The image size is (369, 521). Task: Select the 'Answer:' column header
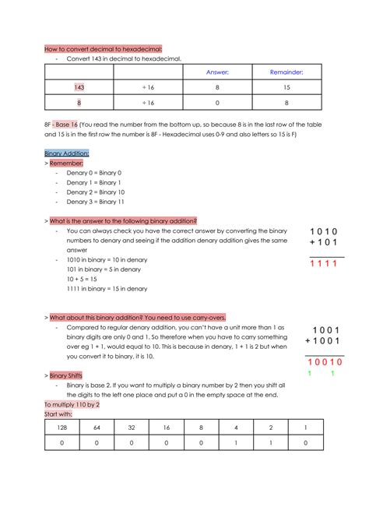pos(217,72)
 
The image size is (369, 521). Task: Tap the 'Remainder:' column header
pos(286,72)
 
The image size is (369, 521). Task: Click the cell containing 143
pos(79,87)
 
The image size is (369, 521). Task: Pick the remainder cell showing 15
pos(286,87)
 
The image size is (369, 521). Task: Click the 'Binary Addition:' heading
pos(67,153)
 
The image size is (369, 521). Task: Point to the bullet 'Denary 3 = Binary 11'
pos(95,201)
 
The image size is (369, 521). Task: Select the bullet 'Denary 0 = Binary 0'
pos(93,173)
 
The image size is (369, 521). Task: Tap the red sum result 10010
pos(323,362)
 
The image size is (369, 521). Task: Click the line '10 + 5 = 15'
pos(82,279)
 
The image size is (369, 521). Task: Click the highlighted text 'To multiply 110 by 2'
pos(72,405)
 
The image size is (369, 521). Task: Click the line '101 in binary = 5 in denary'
pos(104,269)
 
